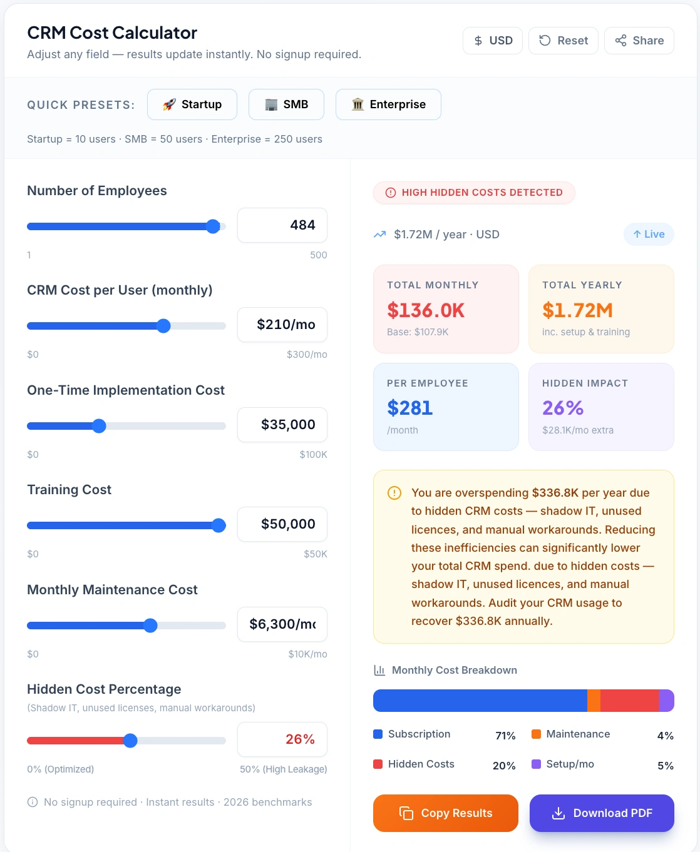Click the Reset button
(x=564, y=41)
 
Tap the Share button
(x=639, y=41)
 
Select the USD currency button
(x=493, y=41)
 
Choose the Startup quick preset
(x=192, y=104)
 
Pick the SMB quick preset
(x=286, y=104)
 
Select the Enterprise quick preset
(x=388, y=104)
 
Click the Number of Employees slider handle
(x=213, y=226)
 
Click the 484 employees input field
(x=282, y=225)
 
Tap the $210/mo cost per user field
(x=282, y=325)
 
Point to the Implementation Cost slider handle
(x=99, y=426)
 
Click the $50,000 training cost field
(x=282, y=524)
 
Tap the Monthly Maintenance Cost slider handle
(x=150, y=626)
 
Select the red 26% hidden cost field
(x=282, y=739)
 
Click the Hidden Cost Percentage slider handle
(x=130, y=741)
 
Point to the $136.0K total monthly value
(x=426, y=310)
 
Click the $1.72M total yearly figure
(x=577, y=310)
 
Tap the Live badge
(x=649, y=234)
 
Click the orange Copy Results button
(x=446, y=813)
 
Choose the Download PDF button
(x=602, y=813)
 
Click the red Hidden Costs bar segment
(x=629, y=701)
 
